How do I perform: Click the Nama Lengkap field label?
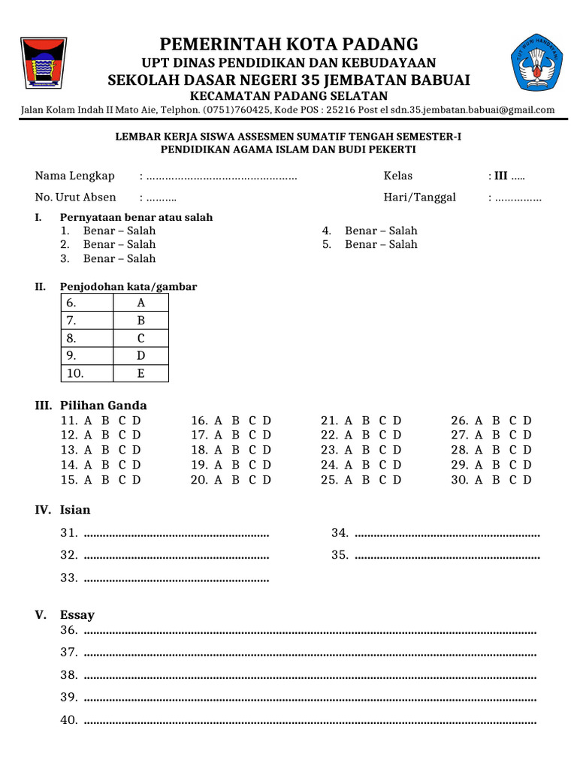[74, 176]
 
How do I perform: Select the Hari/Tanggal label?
[420, 198]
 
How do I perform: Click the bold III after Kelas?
[500, 176]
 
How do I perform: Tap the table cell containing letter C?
[140, 338]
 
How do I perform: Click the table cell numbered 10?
[86, 373]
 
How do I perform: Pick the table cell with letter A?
[140, 303]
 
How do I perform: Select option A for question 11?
[88, 421]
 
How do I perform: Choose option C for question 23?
[382, 450]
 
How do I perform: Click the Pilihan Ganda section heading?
[103, 406]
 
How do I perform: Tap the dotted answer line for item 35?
[446, 557]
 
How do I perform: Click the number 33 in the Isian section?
[69, 578]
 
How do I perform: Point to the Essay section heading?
[77, 615]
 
